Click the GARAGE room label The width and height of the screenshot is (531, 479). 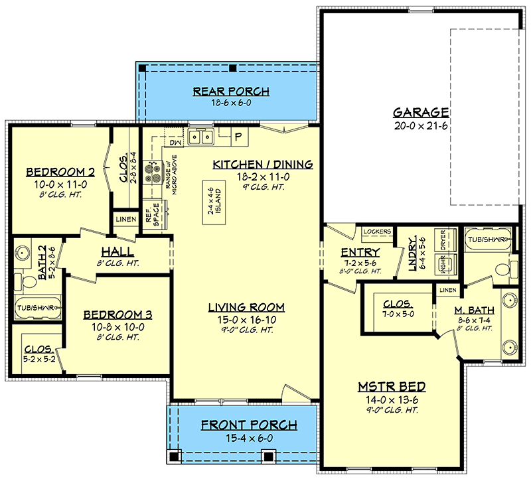pyautogui.click(x=421, y=112)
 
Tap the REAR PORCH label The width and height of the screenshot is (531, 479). pyautogui.click(x=231, y=92)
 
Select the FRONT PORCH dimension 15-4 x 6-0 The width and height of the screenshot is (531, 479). pyautogui.click(x=250, y=438)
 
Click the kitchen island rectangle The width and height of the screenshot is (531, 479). pyautogui.click(x=214, y=202)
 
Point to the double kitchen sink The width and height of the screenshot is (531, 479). pyautogui.click(x=201, y=137)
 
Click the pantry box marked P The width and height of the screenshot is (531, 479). pyautogui.click(x=240, y=137)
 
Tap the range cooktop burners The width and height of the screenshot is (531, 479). pyautogui.click(x=152, y=172)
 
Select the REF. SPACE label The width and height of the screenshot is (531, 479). pyautogui.click(x=152, y=214)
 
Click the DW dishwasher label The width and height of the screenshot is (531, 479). pyautogui.click(x=175, y=143)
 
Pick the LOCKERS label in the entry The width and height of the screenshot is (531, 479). pyautogui.click(x=377, y=232)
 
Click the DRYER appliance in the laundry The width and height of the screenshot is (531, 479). pyautogui.click(x=445, y=239)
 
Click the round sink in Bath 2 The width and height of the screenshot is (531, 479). pyautogui.click(x=22, y=253)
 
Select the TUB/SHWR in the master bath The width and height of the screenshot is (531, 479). pyautogui.click(x=488, y=239)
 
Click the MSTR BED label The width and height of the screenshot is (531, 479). pyautogui.click(x=392, y=387)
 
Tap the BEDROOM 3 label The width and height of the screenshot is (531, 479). pyautogui.click(x=117, y=315)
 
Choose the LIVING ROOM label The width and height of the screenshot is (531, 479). pyautogui.click(x=246, y=307)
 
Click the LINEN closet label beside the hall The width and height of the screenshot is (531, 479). pyautogui.click(x=126, y=220)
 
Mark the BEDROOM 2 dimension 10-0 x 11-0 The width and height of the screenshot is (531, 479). pyautogui.click(x=60, y=184)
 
